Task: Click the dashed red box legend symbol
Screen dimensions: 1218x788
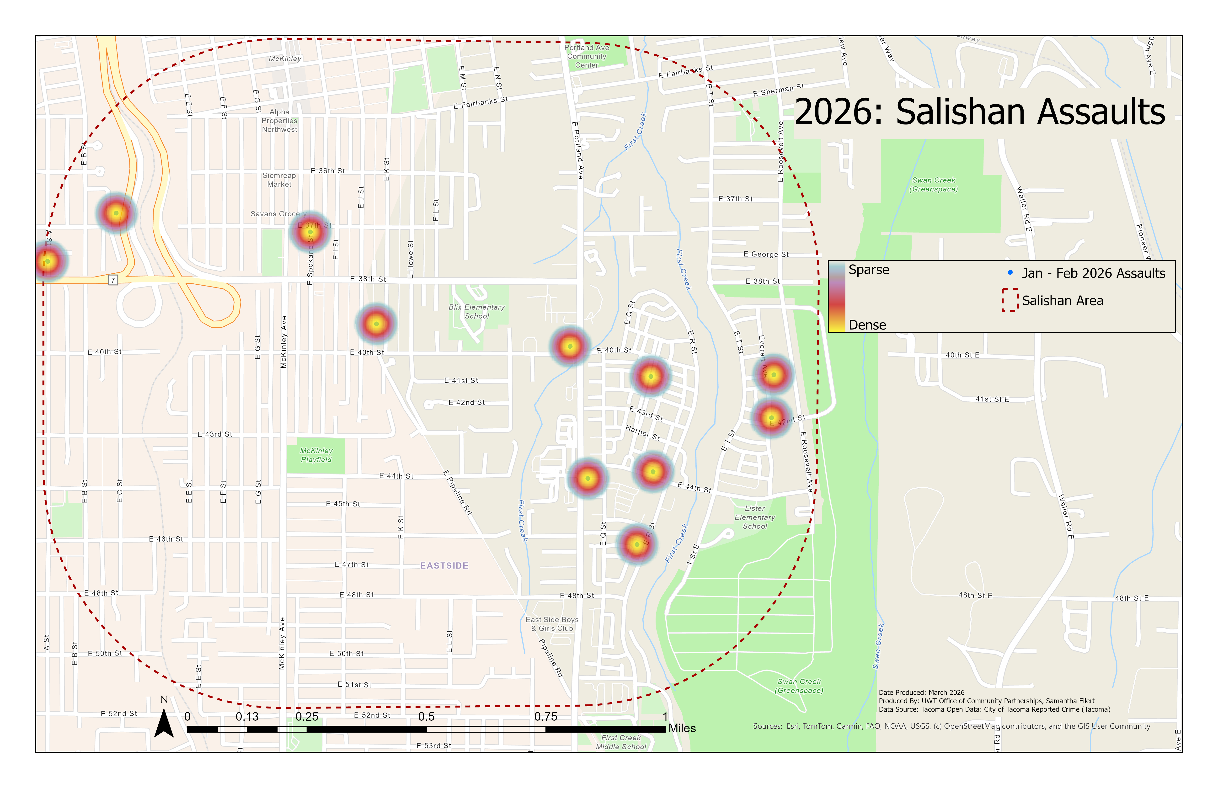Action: point(1010,300)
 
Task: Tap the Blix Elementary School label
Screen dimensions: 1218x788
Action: point(476,312)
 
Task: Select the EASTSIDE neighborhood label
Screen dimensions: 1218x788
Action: point(444,565)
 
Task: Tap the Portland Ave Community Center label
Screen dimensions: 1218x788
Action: point(587,56)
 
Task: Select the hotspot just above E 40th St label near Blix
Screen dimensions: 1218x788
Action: point(376,323)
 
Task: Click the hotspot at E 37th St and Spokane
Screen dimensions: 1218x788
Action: point(310,232)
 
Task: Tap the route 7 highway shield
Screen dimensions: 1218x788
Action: point(113,280)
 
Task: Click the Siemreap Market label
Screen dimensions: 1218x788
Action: point(279,180)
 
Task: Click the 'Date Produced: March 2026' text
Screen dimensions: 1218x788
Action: point(921,692)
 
